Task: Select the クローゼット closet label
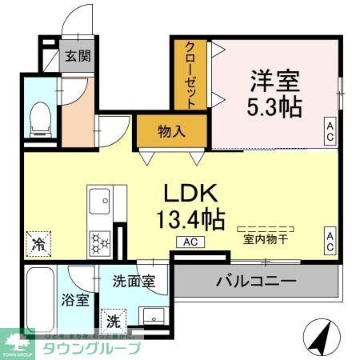coord(191,74)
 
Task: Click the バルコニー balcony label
coord(256,282)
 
